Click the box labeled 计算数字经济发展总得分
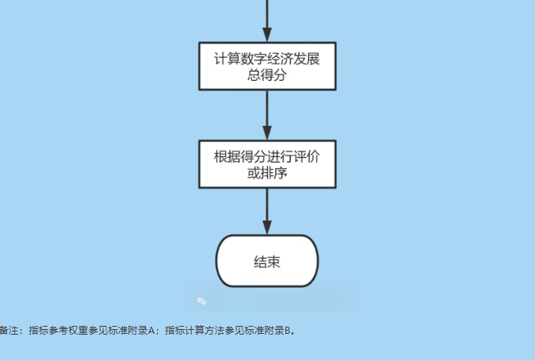point(267,67)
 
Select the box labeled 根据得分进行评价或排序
point(267,163)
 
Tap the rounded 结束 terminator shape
point(267,261)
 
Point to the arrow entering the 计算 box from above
point(267,20)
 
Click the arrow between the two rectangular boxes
point(267,115)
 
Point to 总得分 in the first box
point(267,75)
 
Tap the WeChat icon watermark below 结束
point(202,301)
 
